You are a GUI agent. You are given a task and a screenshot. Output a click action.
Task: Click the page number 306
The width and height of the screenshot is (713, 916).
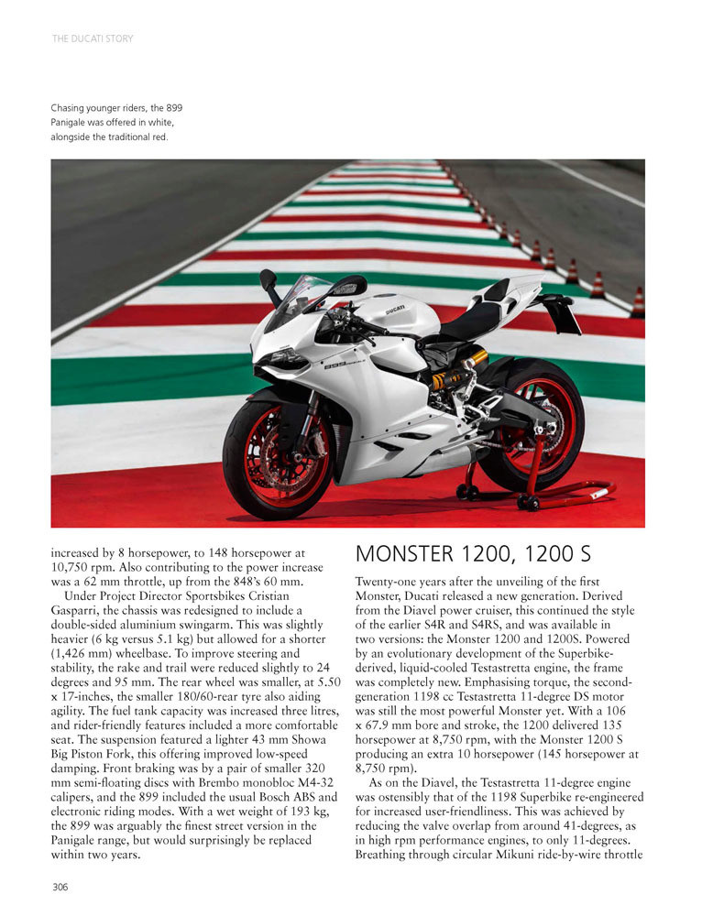(x=60, y=886)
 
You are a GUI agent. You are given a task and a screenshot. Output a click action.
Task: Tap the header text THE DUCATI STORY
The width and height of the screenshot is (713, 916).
(x=93, y=38)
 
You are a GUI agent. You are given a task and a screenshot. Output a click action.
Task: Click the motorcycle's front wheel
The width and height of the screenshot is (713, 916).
(x=277, y=453)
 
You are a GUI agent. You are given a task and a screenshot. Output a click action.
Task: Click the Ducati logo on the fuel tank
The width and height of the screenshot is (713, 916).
(x=395, y=310)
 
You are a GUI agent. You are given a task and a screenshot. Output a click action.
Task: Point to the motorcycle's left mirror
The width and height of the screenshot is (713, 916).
(x=268, y=278)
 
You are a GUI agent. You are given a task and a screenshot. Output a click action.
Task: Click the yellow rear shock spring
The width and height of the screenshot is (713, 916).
(x=455, y=374)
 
